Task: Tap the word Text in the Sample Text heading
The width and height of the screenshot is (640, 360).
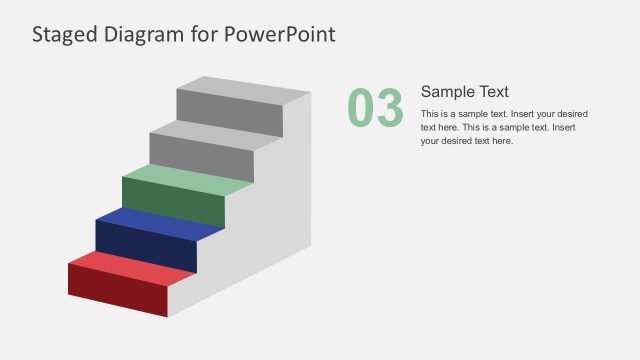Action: click(494, 91)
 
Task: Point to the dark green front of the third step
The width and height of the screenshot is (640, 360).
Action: click(172, 203)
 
